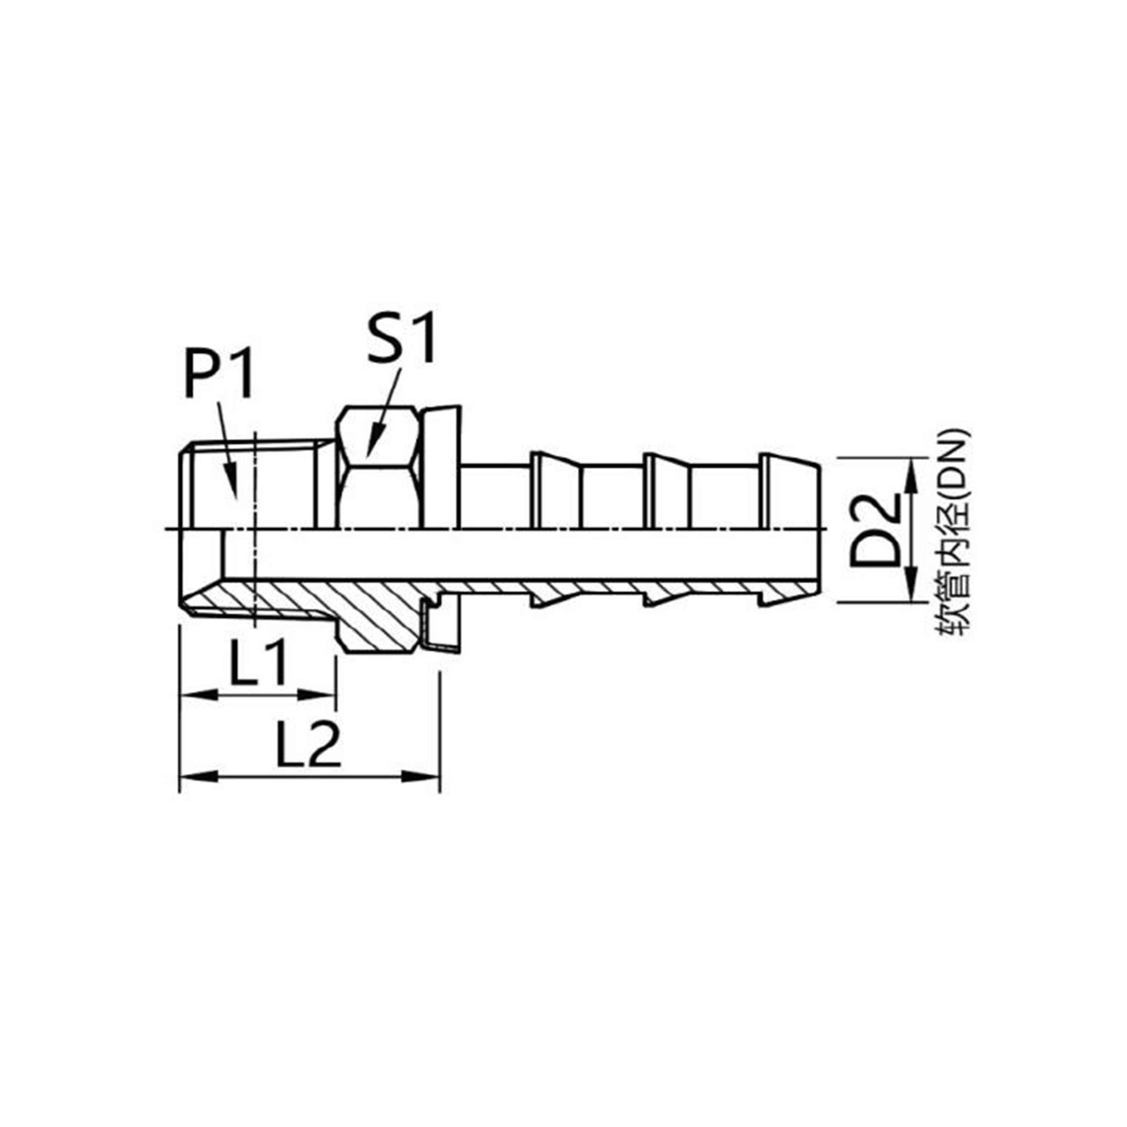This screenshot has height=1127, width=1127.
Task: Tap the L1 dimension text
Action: [257, 663]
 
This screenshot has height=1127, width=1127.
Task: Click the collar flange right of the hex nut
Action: [442, 467]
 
